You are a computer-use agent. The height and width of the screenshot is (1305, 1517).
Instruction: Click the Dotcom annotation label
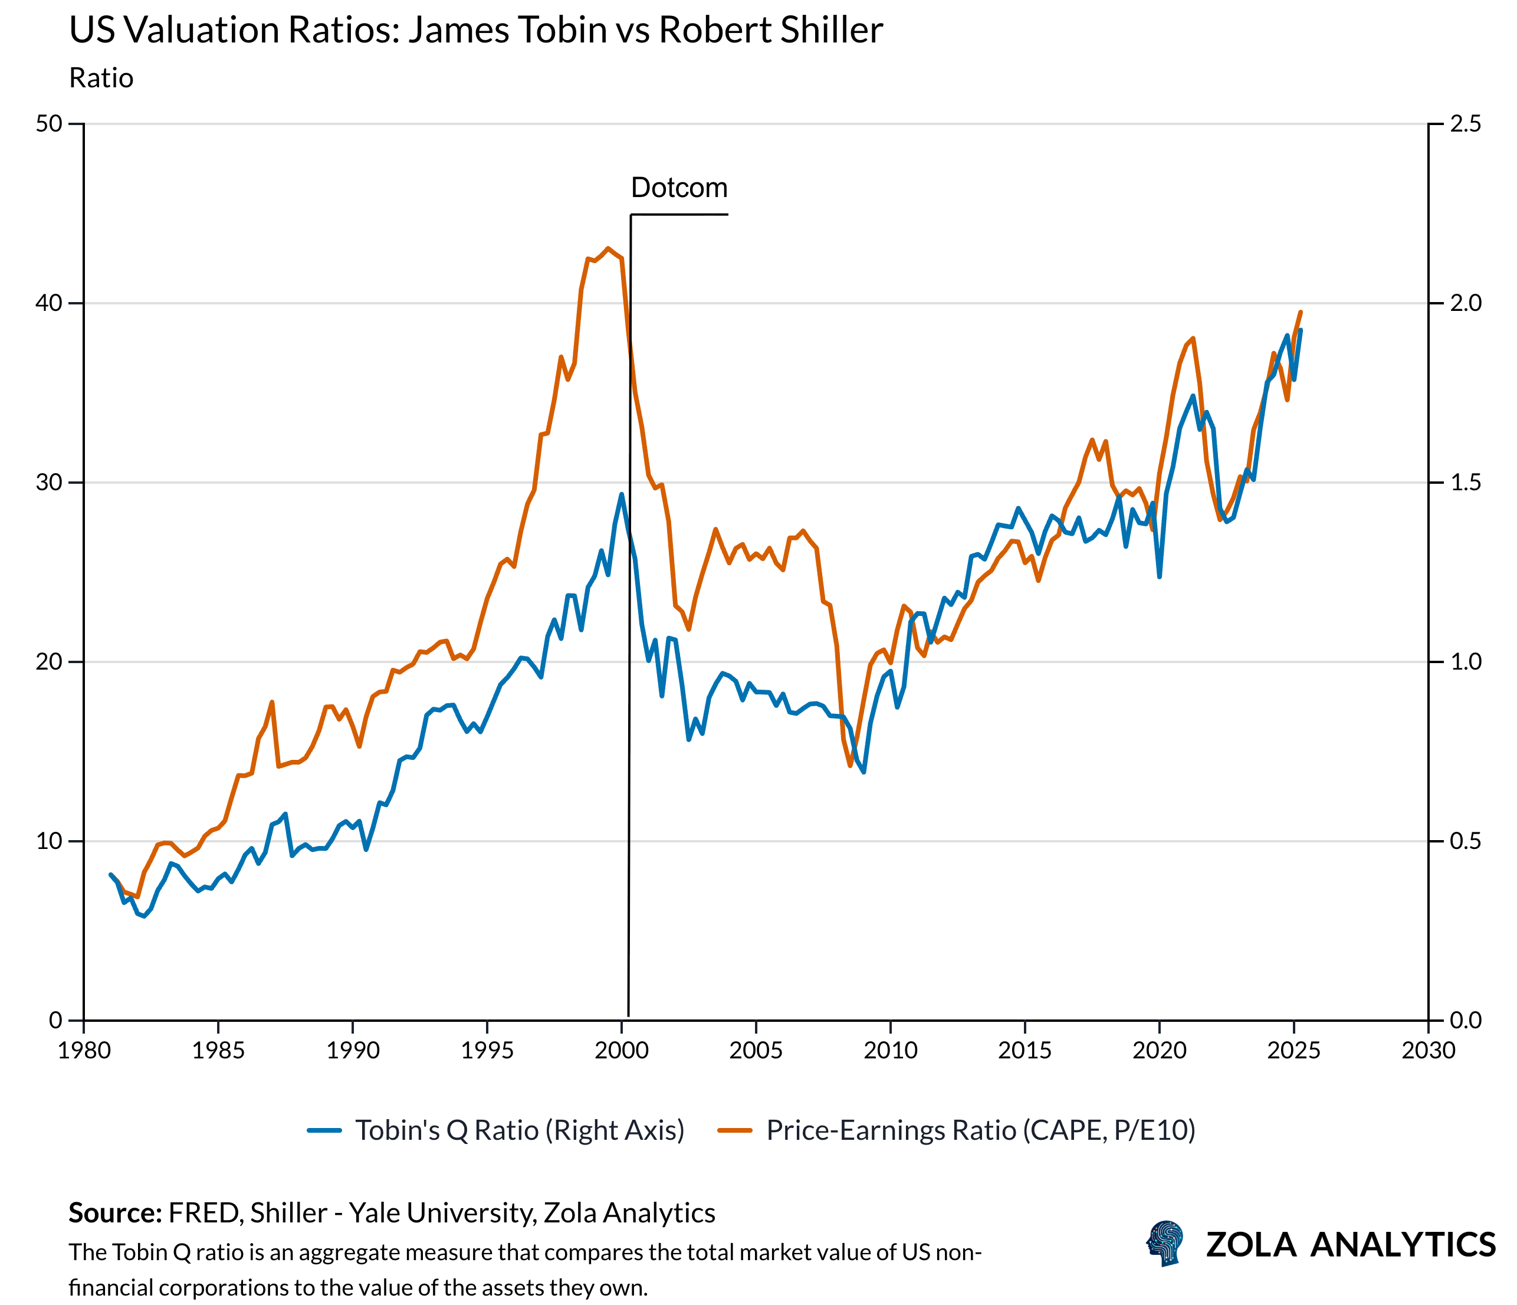coord(679,188)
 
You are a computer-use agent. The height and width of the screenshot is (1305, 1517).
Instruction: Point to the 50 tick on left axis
coord(49,124)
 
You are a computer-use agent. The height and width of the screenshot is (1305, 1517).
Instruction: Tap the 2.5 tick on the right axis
coord(1465,124)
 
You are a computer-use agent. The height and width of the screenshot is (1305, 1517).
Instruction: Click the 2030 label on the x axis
coord(1428,1051)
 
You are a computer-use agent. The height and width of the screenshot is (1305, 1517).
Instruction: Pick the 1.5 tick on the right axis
coord(1465,483)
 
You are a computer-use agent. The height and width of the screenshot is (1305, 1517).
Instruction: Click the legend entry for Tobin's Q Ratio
coord(519,1130)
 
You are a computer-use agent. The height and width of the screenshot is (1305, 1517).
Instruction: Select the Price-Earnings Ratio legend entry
coord(980,1130)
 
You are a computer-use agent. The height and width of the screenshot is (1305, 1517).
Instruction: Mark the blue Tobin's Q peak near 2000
coord(621,494)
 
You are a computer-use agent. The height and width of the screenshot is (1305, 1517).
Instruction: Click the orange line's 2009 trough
coord(850,765)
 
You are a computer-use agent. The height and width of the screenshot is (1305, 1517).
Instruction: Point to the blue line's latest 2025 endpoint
coord(1301,330)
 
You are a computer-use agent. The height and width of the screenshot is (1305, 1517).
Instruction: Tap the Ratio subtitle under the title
coord(101,78)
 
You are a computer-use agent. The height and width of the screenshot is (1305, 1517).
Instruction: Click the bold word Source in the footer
coord(115,1214)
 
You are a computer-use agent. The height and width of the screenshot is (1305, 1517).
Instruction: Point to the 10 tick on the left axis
coord(49,841)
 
